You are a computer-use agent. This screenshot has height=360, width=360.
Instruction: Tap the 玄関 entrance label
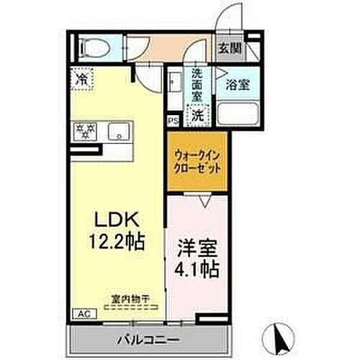230,48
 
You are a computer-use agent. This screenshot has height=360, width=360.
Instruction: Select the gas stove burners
85,130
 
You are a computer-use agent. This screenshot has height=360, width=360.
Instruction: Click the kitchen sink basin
117,131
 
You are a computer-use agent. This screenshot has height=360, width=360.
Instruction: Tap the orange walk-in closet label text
197,161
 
